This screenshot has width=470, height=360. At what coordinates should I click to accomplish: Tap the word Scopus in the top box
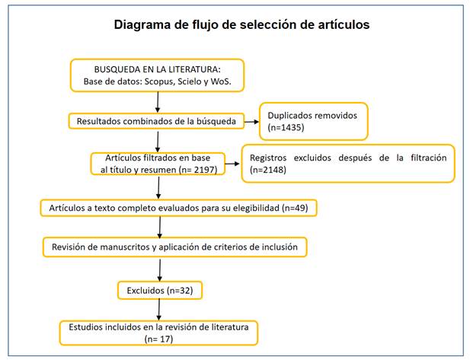(160, 81)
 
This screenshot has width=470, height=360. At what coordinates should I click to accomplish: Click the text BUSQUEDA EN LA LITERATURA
(157, 69)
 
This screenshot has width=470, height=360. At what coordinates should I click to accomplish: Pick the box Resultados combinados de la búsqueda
(156, 121)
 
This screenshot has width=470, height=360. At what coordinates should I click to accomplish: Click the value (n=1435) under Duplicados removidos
(286, 128)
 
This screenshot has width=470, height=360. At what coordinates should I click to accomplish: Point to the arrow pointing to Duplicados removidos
(251, 122)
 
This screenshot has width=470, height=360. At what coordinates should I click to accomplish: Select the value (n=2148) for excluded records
(268, 170)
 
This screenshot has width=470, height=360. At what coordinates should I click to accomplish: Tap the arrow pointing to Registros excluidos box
(232, 164)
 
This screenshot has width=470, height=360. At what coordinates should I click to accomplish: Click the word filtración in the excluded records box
(428, 158)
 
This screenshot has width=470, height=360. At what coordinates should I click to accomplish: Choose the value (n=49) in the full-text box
(295, 208)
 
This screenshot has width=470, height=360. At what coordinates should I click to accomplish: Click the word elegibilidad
(256, 208)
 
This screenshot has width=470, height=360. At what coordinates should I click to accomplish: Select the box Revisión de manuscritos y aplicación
(174, 247)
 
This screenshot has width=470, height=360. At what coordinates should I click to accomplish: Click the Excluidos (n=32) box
(160, 290)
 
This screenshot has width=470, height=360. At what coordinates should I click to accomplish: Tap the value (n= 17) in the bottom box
(158, 339)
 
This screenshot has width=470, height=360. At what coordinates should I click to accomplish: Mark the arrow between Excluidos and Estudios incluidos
(159, 310)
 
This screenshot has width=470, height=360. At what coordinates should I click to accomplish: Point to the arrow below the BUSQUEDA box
(158, 102)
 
